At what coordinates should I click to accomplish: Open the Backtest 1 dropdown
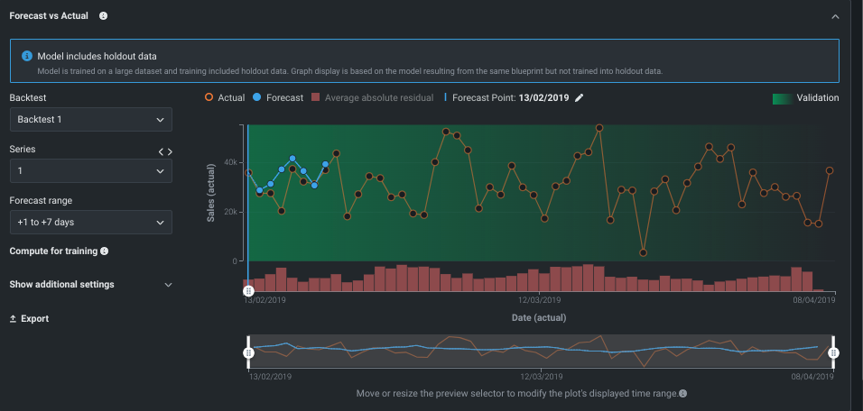pyautogui.click(x=90, y=119)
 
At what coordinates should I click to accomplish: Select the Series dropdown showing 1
pyautogui.click(x=90, y=170)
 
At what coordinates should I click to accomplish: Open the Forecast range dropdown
pyautogui.click(x=90, y=222)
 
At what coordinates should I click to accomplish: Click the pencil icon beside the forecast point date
pyautogui.click(x=580, y=97)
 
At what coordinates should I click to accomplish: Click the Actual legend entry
pyautogui.click(x=226, y=97)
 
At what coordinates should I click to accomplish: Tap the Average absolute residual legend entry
pyautogui.click(x=373, y=97)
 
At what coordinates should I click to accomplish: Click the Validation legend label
pyautogui.click(x=817, y=98)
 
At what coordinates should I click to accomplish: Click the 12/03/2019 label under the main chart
pyautogui.click(x=540, y=299)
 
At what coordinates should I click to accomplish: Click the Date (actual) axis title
pyautogui.click(x=540, y=317)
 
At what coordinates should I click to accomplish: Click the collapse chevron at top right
pyautogui.click(x=834, y=16)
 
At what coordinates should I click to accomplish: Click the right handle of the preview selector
pyautogui.click(x=833, y=352)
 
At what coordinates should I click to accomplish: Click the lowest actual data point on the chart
pyautogui.click(x=644, y=253)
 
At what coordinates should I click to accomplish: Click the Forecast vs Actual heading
pyautogui.click(x=49, y=16)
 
